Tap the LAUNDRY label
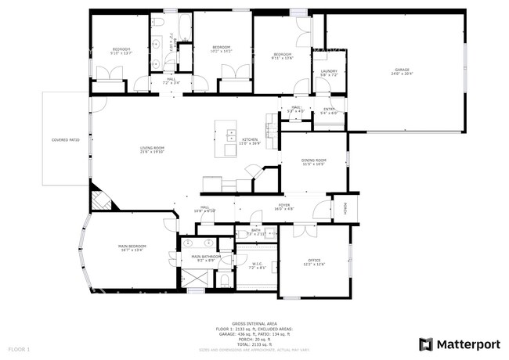click(329, 71)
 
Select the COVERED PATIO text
click(65, 140)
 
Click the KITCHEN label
click(238, 140)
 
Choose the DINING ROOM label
click(313, 160)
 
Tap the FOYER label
click(283, 205)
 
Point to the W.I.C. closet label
click(257, 264)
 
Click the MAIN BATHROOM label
click(206, 256)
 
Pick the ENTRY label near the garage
click(329, 110)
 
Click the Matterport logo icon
click(425, 344)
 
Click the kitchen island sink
click(232, 135)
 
